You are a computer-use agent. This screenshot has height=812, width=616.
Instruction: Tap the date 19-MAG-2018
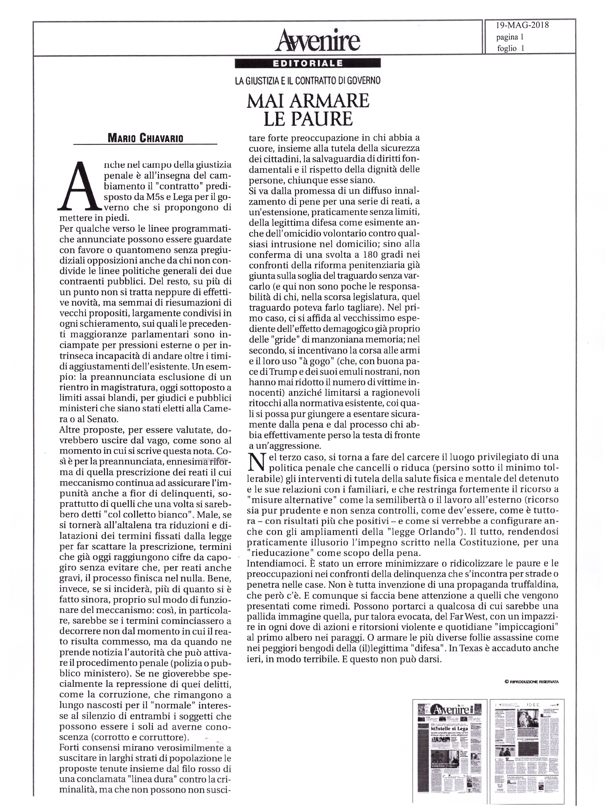522,25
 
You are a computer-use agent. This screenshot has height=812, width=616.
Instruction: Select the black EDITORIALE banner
308,63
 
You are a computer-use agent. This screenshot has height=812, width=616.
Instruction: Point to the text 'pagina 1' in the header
510,37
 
